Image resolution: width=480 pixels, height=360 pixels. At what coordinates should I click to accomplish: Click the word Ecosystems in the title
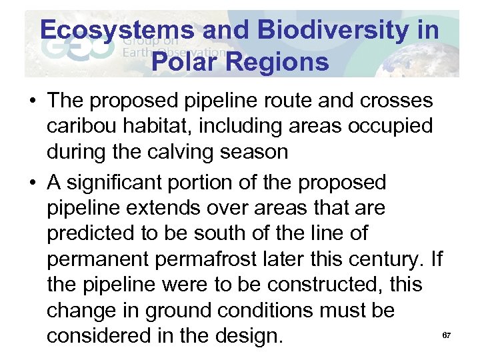[x=117, y=30]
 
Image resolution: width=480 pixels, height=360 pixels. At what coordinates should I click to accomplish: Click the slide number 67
[x=447, y=335]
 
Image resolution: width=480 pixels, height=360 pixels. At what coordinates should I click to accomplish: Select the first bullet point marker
[x=32, y=102]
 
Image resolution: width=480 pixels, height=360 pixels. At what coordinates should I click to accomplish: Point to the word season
[x=253, y=151]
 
